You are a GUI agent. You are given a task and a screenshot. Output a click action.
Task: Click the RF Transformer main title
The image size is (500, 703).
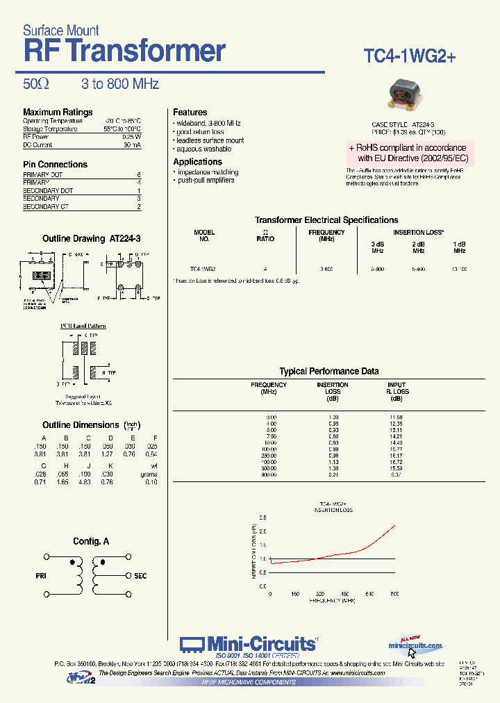point(125,51)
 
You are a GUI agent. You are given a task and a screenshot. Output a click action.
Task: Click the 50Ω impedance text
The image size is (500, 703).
point(36,84)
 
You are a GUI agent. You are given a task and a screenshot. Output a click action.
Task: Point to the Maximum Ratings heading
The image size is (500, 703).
point(58,112)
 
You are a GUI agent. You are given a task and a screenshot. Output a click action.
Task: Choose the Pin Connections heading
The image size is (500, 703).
point(55,165)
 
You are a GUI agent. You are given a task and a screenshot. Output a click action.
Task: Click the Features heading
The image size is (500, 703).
point(190,112)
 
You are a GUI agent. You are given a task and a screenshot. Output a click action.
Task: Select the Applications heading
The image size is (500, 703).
point(197,162)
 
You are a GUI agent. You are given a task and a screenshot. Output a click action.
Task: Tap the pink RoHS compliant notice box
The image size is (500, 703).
point(410,153)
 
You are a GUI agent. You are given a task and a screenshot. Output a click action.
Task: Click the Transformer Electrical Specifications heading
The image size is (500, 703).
point(326,220)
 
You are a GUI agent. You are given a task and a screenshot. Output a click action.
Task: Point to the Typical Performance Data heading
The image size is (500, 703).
point(328,372)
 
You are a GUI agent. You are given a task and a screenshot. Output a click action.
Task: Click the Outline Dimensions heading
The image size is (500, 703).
point(81,425)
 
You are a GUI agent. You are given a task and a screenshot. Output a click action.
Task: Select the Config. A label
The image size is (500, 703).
point(91,541)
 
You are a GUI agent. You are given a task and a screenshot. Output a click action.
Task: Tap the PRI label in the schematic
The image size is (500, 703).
point(40,576)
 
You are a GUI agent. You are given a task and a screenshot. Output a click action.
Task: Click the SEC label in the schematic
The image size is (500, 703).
point(140,576)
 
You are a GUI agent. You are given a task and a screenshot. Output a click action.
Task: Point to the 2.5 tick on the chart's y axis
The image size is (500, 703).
point(262,518)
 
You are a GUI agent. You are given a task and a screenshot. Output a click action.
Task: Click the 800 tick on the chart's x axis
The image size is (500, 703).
point(394,594)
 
